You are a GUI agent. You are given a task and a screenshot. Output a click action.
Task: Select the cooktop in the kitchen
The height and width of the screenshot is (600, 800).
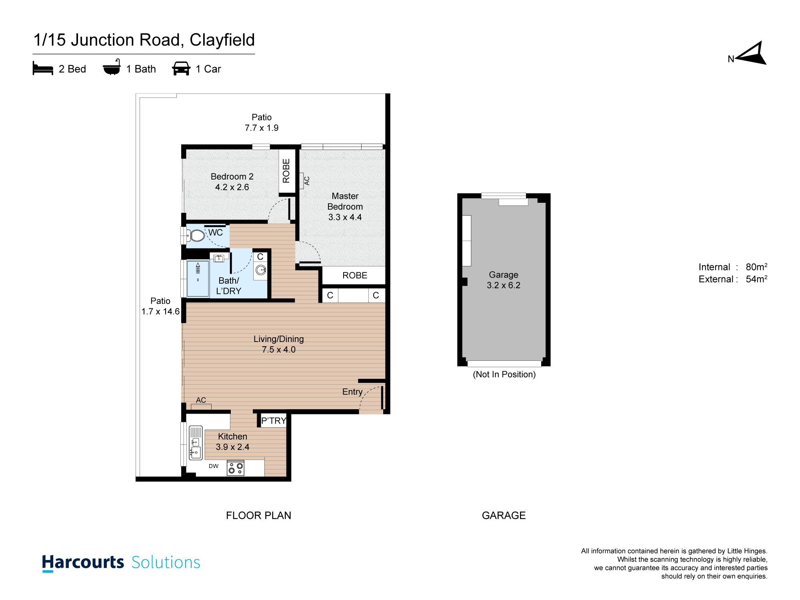click(236, 468)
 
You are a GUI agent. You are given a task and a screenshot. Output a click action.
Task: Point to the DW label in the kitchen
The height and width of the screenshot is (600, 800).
click(214, 466)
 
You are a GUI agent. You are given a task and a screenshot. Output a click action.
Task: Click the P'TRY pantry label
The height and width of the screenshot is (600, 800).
click(274, 421)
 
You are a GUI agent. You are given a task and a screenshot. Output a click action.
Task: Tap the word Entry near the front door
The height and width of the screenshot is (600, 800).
click(352, 392)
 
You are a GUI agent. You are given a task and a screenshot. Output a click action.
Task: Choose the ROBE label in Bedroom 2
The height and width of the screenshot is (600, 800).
click(286, 171)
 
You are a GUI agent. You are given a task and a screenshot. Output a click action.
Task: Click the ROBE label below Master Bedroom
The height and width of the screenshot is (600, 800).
click(355, 276)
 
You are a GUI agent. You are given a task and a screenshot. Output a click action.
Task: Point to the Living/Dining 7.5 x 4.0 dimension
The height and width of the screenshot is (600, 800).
click(279, 350)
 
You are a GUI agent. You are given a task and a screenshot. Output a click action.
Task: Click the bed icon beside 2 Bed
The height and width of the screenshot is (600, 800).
click(43, 68)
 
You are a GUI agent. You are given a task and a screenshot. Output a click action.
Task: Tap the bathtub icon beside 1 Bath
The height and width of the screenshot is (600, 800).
click(112, 67)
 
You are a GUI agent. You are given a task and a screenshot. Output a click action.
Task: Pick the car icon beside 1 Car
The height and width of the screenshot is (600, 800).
click(181, 68)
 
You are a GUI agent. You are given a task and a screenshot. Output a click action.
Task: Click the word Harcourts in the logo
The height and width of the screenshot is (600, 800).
click(83, 562)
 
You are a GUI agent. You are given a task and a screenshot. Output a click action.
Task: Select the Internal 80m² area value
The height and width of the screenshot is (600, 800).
click(756, 267)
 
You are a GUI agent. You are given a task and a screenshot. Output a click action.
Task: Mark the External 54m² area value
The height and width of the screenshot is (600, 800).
click(756, 279)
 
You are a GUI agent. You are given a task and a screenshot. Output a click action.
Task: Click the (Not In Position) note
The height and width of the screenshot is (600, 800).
click(504, 374)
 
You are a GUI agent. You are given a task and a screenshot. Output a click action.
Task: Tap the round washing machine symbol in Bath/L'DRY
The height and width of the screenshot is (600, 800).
click(261, 270)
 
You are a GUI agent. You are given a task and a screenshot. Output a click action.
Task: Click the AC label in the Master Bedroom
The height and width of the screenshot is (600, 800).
click(307, 181)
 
